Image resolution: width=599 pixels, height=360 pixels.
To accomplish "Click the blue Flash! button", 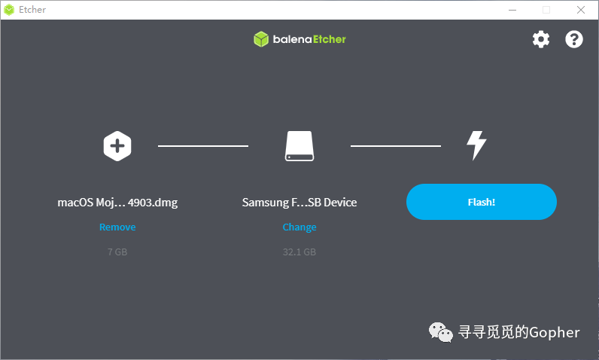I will [x=482, y=202].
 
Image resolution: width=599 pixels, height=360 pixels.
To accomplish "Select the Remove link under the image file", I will [x=117, y=227].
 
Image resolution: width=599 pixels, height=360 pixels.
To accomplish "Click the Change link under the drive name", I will [x=299, y=227].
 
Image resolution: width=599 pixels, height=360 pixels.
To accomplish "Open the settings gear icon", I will [x=541, y=39].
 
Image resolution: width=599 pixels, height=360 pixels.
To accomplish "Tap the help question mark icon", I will [x=574, y=39].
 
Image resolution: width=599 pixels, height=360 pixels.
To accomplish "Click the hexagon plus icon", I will [x=117, y=145].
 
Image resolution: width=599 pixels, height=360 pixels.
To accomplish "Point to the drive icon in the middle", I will [x=299, y=145].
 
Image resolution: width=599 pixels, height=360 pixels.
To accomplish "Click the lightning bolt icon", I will [x=476, y=145].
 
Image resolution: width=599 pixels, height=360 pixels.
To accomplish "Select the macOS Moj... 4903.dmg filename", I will [x=117, y=203].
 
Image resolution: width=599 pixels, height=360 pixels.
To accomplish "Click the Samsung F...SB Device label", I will [x=299, y=203].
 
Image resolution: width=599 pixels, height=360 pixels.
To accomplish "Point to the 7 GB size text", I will [x=117, y=252].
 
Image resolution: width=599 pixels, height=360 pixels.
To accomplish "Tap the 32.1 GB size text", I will [x=299, y=252].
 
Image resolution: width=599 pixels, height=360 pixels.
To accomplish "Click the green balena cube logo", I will [x=261, y=39].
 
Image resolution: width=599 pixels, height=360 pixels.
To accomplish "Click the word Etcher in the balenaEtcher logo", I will [x=328, y=39].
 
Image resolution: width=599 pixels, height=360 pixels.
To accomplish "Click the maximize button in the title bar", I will [x=546, y=9].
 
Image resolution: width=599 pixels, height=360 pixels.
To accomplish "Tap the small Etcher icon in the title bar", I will [x=9, y=9].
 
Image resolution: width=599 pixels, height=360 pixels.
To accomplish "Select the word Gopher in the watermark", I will [x=555, y=332].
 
